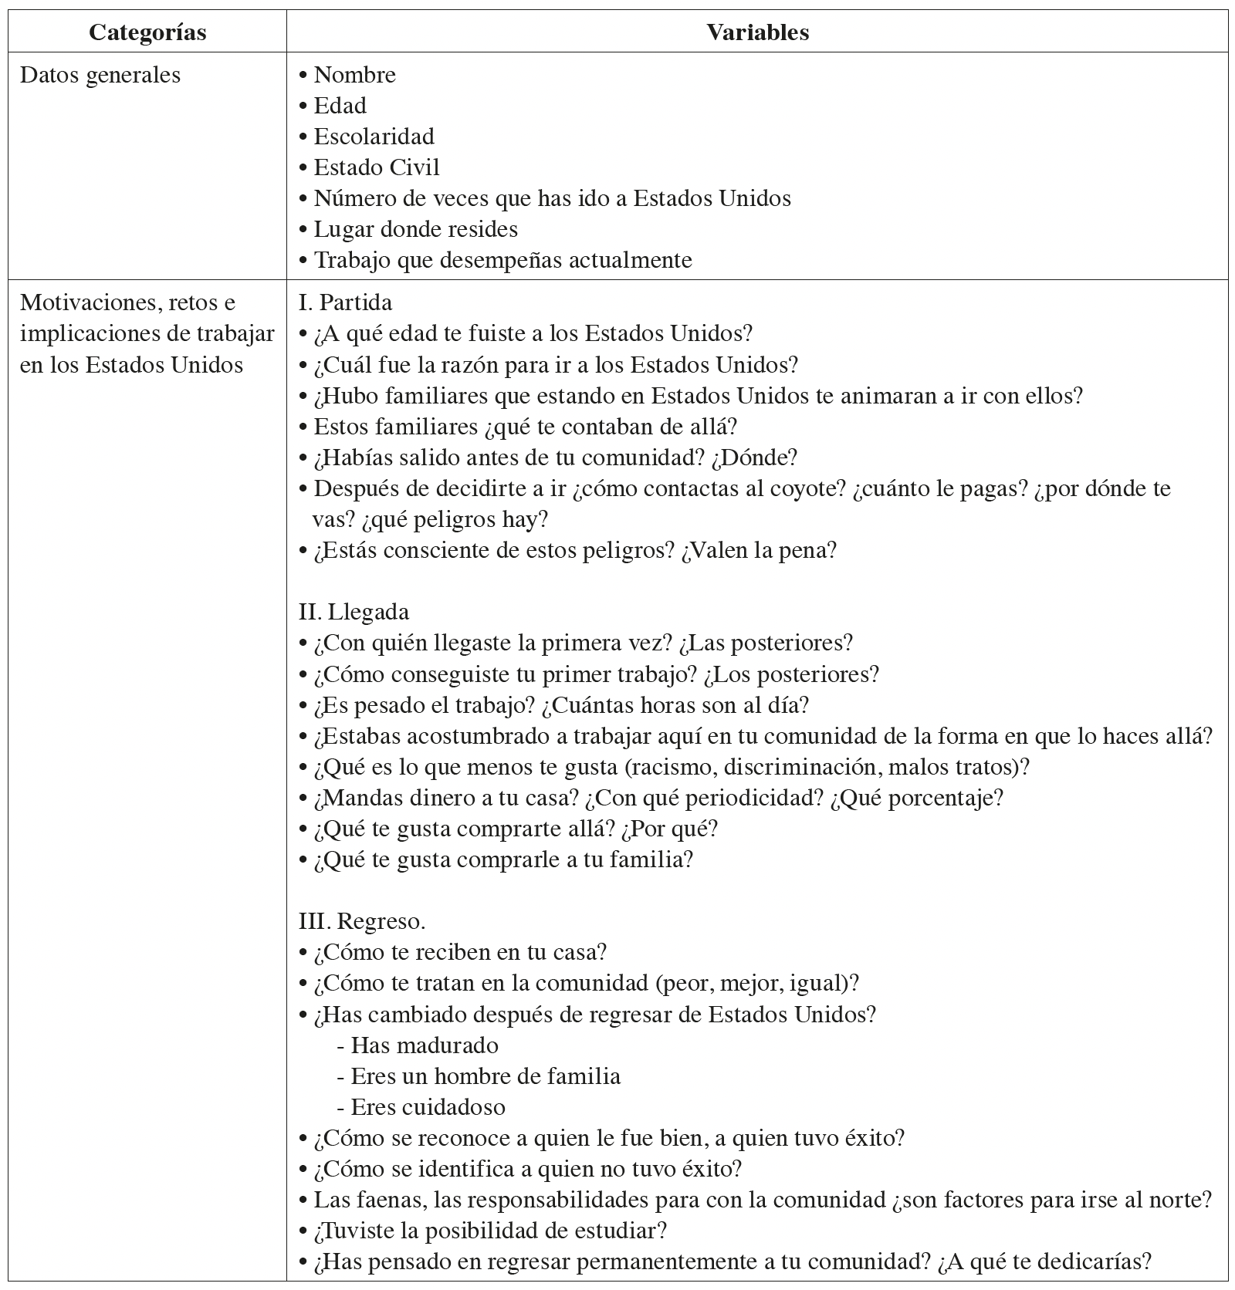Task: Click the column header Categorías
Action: pyautogui.click(x=147, y=32)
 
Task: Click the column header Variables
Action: pyautogui.click(x=757, y=32)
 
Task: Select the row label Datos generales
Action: pyautogui.click(x=100, y=75)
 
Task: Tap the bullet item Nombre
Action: pyautogui.click(x=354, y=75)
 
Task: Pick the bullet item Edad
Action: pyautogui.click(x=340, y=106)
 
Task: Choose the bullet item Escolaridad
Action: pyautogui.click(x=374, y=137)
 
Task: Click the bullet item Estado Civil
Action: pyautogui.click(x=376, y=167)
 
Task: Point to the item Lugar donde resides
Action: pyautogui.click(x=415, y=229)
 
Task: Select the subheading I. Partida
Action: pyautogui.click(x=345, y=302)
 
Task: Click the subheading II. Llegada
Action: pyautogui.click(x=354, y=612)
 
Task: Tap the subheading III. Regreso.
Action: pyautogui.click(x=362, y=921)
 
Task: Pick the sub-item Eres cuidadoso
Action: pyautogui.click(x=428, y=1107)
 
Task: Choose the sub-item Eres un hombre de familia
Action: pyautogui.click(x=485, y=1076)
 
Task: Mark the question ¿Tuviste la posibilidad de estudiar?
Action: pyautogui.click(x=489, y=1231)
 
